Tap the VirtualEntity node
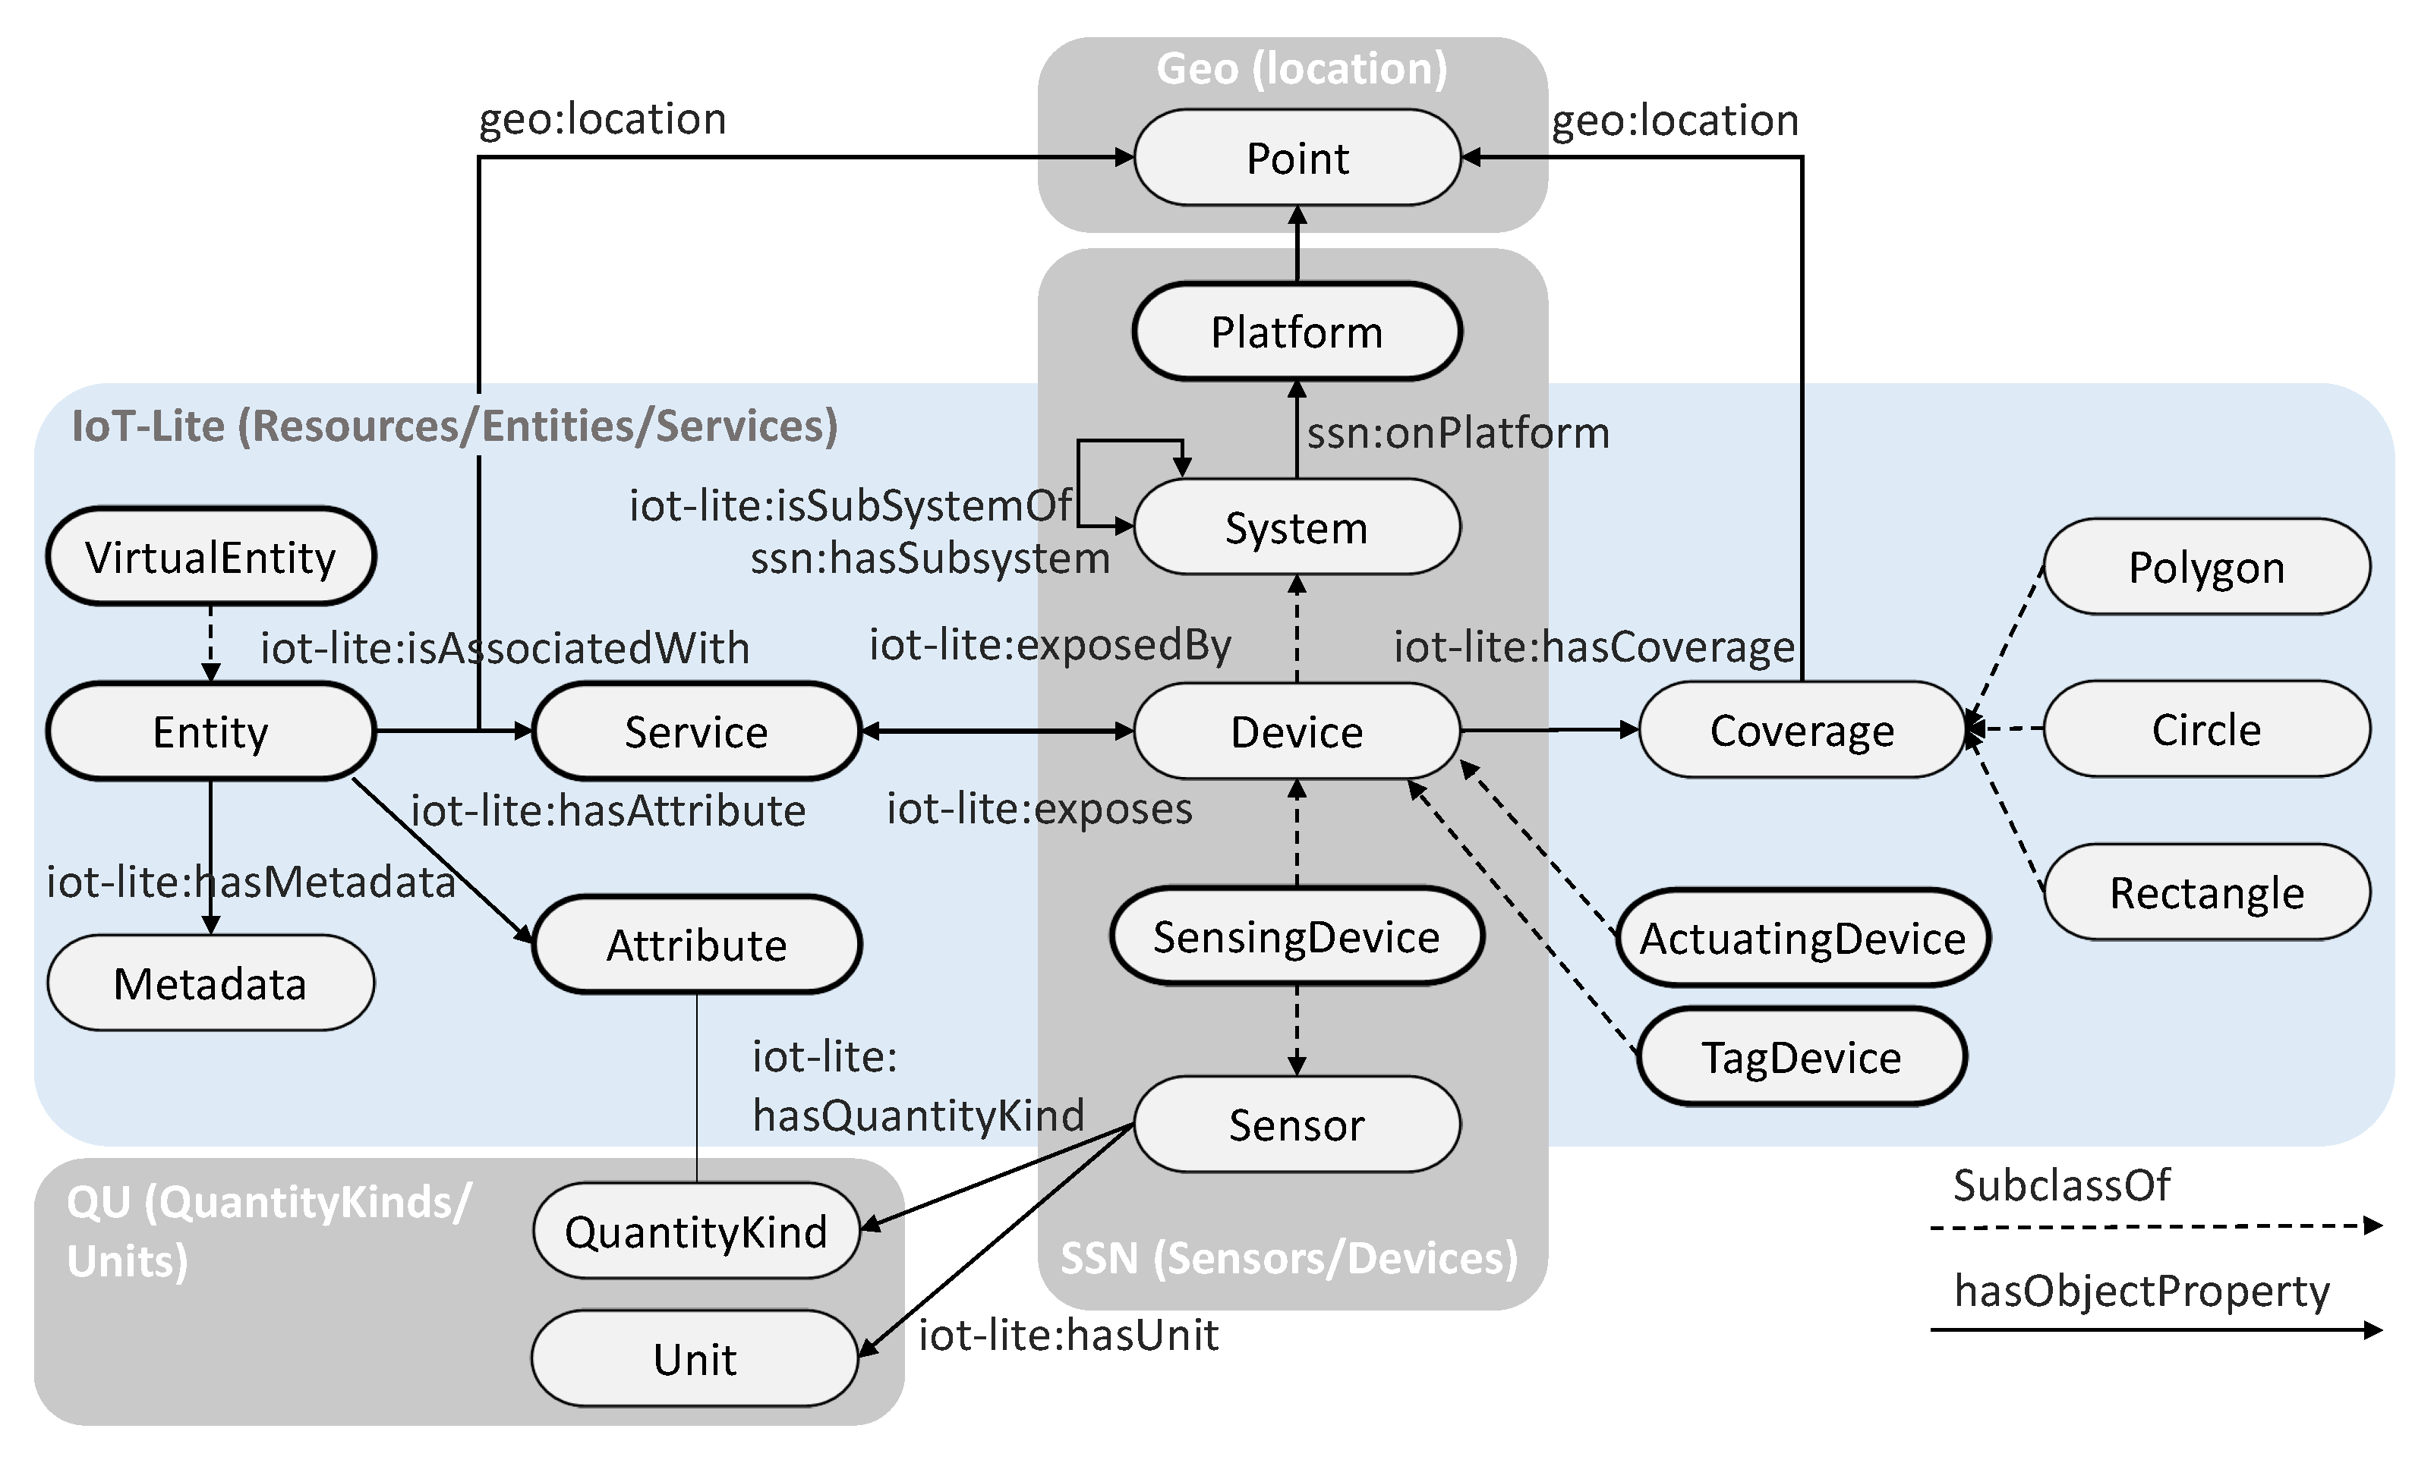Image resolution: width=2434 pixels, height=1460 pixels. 210,558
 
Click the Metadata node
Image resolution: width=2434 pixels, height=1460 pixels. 210,983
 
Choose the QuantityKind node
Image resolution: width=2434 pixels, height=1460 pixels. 696,1232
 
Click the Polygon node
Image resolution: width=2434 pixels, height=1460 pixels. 2207,568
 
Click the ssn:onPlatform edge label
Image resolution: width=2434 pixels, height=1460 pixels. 1458,433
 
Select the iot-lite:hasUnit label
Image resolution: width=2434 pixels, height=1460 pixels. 1069,1335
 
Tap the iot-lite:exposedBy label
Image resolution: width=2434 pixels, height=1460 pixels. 1049,646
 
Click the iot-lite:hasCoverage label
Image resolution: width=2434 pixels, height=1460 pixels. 1594,647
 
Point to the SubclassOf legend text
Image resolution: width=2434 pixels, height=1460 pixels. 2061,1185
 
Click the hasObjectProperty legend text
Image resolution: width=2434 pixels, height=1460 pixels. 2142,1291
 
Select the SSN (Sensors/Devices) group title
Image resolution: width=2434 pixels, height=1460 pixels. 1288,1258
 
